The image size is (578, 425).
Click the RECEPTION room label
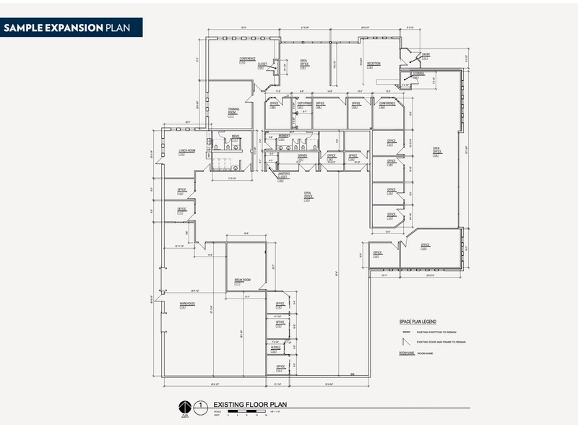pos(373,64)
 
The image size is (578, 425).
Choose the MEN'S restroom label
pos(236,136)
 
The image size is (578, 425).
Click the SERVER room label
pos(302,155)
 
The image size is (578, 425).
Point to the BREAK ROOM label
pos(241,280)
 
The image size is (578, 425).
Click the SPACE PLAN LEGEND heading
pos(418,321)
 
